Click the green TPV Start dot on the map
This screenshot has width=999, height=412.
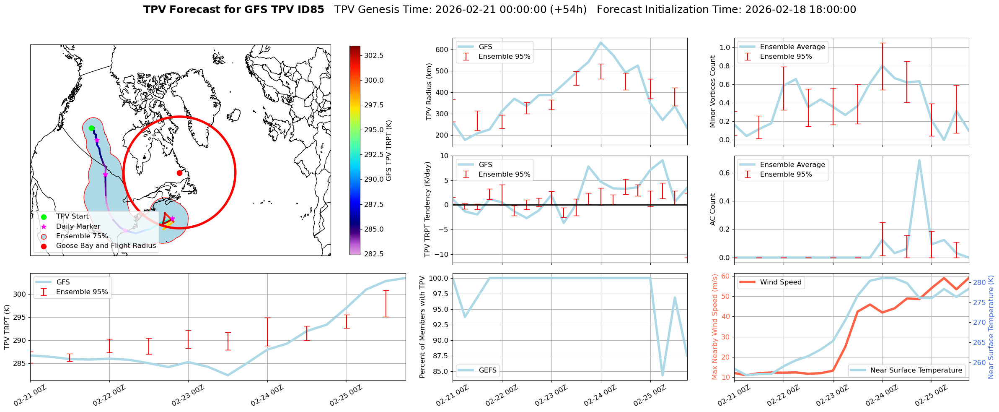pyautogui.click(x=91, y=128)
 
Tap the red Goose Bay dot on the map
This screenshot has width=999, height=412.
pyautogui.click(x=179, y=173)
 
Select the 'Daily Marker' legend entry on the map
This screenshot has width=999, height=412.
pyautogui.click(x=78, y=226)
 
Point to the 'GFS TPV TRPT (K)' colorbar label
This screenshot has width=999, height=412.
pyautogui.click(x=389, y=151)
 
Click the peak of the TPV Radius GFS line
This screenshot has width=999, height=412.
pyautogui.click(x=600, y=42)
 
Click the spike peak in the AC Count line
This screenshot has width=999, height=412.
pyautogui.click(x=919, y=160)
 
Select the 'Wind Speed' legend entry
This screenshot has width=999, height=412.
pyautogui.click(x=781, y=282)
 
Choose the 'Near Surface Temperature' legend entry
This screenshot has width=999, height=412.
pyautogui.click(x=916, y=370)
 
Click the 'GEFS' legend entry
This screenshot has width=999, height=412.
pyautogui.click(x=487, y=370)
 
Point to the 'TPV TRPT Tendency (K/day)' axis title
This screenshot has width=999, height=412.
pyautogui.click(x=427, y=209)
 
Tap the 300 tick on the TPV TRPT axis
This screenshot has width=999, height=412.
pyautogui.click(x=19, y=294)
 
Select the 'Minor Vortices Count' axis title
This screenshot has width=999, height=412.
pyautogui.click(x=713, y=91)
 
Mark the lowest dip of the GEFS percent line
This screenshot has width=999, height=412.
pyautogui.click(x=663, y=375)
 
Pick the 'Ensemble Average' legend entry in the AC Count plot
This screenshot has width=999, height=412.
pyautogui.click(x=792, y=164)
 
